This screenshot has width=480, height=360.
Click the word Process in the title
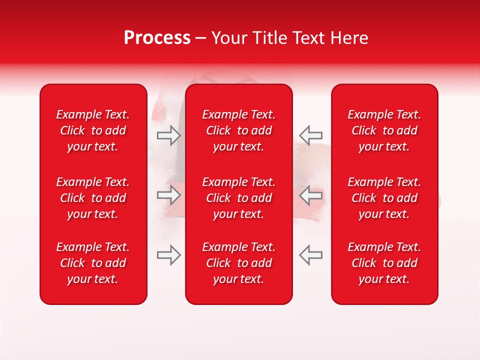point(157,38)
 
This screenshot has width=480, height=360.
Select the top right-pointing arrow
point(168,135)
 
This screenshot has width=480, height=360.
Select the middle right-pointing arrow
point(168,195)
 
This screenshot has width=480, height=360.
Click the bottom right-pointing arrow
point(168,255)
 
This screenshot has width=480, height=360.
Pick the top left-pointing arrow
point(311,135)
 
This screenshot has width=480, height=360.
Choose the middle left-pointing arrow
point(311,195)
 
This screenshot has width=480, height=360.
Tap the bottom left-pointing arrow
point(311,255)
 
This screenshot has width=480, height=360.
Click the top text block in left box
point(93,130)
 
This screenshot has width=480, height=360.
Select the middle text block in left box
point(93,198)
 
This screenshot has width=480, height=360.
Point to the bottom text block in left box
point(93,263)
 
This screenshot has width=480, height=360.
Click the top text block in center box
point(239,130)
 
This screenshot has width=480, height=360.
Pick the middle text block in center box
point(239,198)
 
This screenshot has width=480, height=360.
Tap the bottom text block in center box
point(239,263)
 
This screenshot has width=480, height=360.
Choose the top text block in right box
point(384,130)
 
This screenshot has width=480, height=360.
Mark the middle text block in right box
point(384,198)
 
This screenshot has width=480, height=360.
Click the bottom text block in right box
point(384,263)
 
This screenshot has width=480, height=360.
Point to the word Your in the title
point(228,38)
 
